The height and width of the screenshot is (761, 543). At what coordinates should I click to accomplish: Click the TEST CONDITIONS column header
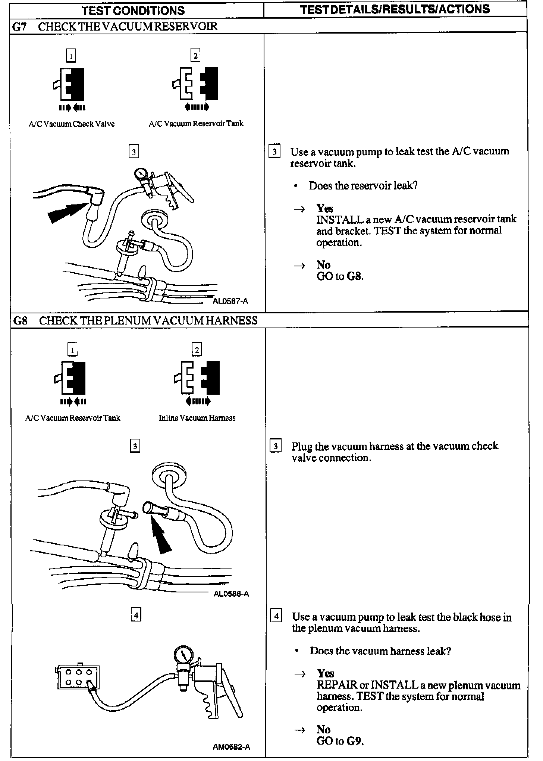click(133, 10)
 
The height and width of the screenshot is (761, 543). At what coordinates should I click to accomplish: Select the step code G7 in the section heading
click(19, 26)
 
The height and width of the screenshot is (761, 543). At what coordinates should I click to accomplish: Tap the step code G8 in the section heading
click(20, 320)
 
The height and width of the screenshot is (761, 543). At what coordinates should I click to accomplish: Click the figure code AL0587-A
click(230, 301)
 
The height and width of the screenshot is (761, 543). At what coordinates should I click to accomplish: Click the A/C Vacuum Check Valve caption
click(72, 124)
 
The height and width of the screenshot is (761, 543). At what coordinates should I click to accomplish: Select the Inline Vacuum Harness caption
click(197, 418)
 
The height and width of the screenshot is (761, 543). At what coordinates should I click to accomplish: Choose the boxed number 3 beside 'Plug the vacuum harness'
click(275, 446)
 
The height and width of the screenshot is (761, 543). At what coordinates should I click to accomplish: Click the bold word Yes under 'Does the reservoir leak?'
click(324, 208)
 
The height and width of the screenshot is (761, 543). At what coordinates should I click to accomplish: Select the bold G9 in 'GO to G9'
click(354, 741)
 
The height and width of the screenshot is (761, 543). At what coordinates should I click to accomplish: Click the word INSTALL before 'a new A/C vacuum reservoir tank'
click(339, 219)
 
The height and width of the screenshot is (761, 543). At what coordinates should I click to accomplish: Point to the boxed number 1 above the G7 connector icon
click(71, 56)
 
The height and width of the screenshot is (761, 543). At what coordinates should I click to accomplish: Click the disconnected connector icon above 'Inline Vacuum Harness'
click(197, 378)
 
